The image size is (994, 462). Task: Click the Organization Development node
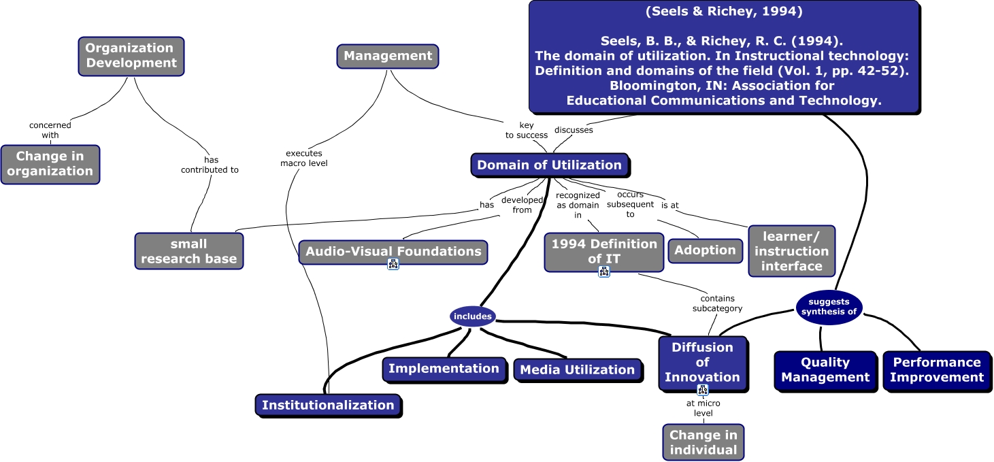click(x=131, y=56)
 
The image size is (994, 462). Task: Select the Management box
click(x=388, y=56)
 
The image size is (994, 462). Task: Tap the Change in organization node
click(x=50, y=164)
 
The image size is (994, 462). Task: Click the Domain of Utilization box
click(x=549, y=165)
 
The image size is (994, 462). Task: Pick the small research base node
click(x=188, y=251)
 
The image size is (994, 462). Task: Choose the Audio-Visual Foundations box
click(x=393, y=251)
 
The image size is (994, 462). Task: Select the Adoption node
click(x=705, y=250)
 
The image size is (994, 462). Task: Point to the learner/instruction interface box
click(x=791, y=251)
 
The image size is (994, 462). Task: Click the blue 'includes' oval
click(x=472, y=316)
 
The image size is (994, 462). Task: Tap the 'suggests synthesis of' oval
click(x=829, y=307)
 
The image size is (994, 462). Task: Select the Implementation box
click(x=444, y=369)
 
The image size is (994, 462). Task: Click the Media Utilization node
click(x=577, y=370)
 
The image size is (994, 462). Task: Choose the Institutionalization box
click(x=328, y=405)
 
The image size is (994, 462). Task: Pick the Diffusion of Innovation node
click(x=702, y=363)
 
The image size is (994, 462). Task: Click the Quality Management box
click(x=825, y=370)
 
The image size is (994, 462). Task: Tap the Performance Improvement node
click(x=937, y=370)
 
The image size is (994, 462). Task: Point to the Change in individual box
click(x=703, y=442)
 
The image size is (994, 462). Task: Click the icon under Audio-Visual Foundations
click(x=393, y=265)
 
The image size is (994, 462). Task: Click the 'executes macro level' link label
click(x=304, y=158)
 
